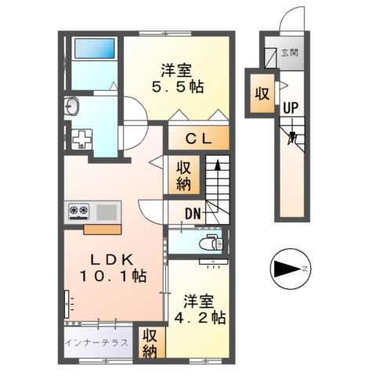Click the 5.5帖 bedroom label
coord(179,78)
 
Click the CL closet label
coord(200,139)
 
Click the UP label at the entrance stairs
coord(290,108)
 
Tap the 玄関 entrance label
coord(291,53)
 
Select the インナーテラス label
coord(98,342)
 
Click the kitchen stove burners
coord(79,210)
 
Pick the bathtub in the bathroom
coord(94,49)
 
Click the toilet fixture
coord(210,242)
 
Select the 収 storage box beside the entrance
coord(261,92)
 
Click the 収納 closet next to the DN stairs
coord(185,175)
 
